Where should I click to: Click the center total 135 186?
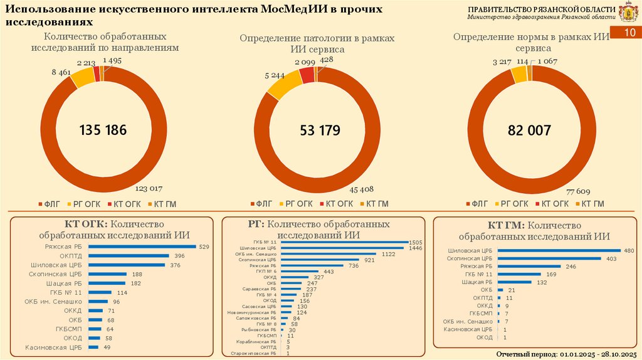point(103,130)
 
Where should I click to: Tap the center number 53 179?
point(320,130)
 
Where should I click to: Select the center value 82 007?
point(529,130)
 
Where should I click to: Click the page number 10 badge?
point(630,33)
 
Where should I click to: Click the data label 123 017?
point(150,188)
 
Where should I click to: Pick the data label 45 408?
point(362,188)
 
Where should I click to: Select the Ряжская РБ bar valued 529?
point(142,246)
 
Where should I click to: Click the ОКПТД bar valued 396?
point(129,256)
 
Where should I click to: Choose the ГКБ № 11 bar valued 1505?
point(352,242)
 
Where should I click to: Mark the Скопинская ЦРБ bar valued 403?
point(549,258)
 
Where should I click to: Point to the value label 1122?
point(389,254)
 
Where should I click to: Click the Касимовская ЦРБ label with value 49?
point(54,347)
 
